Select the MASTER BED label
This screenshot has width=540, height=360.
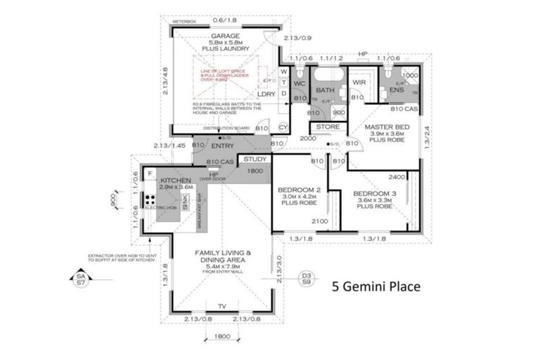click(x=382, y=127)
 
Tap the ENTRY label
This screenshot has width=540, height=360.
click(x=222, y=146)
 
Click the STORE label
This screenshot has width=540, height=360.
click(x=328, y=127)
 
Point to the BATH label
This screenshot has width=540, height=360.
click(x=324, y=91)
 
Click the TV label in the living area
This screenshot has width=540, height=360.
click(x=221, y=307)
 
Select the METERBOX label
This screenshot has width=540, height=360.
click(x=184, y=22)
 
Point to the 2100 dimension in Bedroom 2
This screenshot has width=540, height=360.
click(x=320, y=222)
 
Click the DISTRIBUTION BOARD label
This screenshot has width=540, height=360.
click(x=226, y=129)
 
